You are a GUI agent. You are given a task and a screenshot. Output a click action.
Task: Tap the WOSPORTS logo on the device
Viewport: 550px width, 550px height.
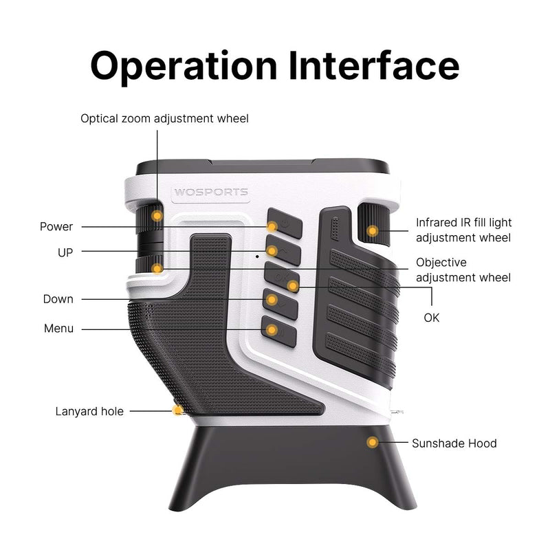click(210, 192)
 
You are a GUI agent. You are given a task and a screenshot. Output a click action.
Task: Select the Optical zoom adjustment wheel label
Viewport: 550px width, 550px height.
click(164, 118)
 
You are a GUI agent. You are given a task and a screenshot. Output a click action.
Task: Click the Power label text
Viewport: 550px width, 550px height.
click(56, 227)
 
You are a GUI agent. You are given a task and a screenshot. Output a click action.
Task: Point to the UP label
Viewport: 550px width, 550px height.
click(65, 252)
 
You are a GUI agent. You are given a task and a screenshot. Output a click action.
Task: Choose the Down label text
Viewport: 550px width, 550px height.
click(58, 299)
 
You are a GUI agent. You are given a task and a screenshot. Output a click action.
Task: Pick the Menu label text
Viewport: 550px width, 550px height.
click(58, 329)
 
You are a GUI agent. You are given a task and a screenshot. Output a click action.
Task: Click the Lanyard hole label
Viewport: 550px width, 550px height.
click(89, 411)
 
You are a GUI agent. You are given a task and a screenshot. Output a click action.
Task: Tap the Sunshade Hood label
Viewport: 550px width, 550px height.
click(454, 443)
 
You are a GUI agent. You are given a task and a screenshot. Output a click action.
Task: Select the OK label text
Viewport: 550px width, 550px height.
click(432, 318)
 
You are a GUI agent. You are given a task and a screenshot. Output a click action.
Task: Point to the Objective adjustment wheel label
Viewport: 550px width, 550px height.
click(463, 270)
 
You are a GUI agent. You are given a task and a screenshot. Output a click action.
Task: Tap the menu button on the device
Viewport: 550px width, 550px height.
click(278, 331)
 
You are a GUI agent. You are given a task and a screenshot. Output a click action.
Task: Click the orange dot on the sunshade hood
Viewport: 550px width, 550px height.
click(373, 442)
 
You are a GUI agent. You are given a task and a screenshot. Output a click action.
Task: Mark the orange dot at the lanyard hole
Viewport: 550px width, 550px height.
click(179, 410)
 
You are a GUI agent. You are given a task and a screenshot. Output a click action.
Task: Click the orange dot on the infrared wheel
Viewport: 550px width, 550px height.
click(373, 231)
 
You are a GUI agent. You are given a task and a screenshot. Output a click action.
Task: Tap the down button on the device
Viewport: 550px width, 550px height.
click(278, 303)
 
